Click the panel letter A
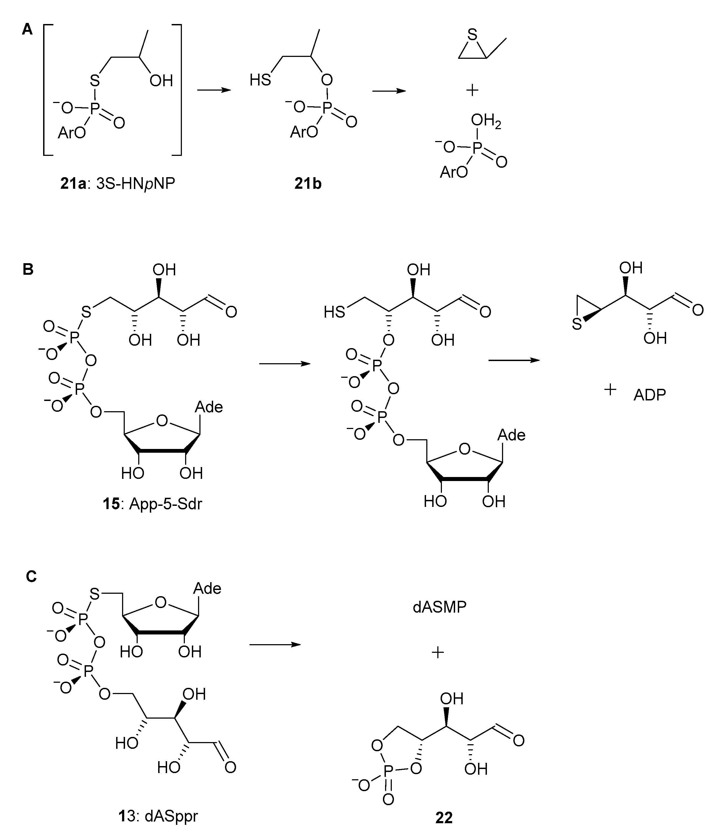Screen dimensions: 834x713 click(27, 29)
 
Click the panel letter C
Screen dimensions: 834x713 click(31, 577)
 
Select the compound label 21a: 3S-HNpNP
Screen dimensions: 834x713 click(117, 184)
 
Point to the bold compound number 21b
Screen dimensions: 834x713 click(308, 184)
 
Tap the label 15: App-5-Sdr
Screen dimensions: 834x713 click(152, 504)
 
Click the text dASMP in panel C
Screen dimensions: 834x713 click(439, 607)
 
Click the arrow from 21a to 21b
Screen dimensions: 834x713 click(214, 90)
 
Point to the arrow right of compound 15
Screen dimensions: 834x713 click(285, 364)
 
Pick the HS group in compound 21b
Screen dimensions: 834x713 click(260, 80)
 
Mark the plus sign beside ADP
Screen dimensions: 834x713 click(610, 390)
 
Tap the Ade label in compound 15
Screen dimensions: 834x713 click(209, 407)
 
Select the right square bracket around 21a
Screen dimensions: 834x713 click(177, 90)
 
